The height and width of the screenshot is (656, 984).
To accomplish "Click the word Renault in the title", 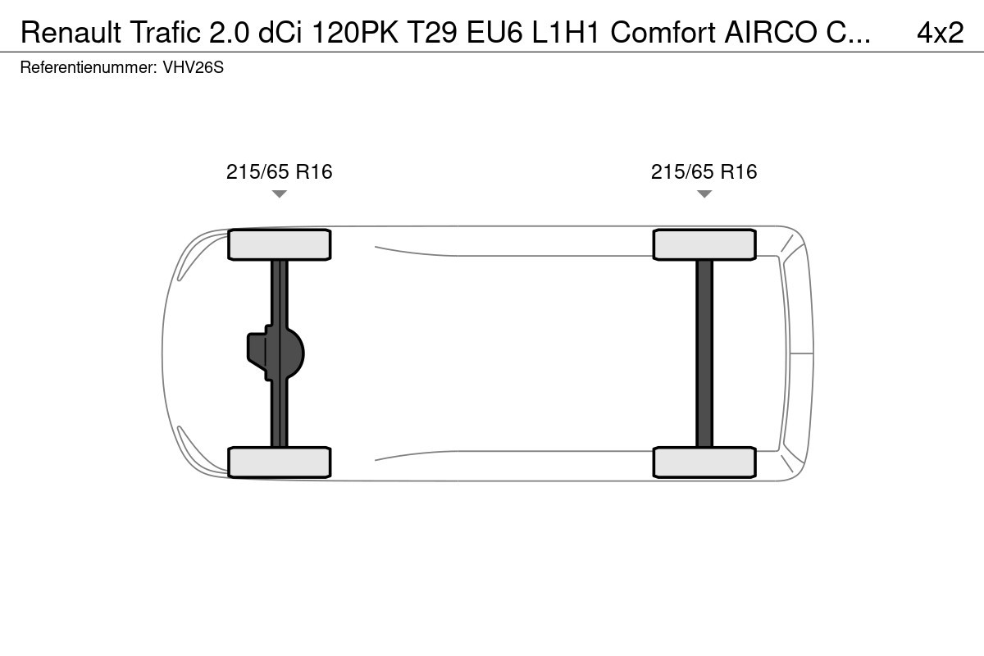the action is (x=71, y=32).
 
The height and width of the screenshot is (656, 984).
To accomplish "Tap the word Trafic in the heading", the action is (x=165, y=32).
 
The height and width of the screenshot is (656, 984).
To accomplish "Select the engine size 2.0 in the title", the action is (x=230, y=32).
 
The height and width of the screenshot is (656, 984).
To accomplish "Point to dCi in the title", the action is (x=280, y=32).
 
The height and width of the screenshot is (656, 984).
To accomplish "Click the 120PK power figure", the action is (x=355, y=32).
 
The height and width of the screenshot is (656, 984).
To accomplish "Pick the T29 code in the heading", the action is (x=433, y=32).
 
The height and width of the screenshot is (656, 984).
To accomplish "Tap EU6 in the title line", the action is (x=494, y=32).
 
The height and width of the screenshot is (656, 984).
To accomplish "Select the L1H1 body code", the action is (x=566, y=32).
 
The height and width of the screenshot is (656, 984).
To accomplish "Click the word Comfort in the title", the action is (x=663, y=32).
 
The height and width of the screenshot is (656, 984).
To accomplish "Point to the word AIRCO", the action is (x=771, y=32).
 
